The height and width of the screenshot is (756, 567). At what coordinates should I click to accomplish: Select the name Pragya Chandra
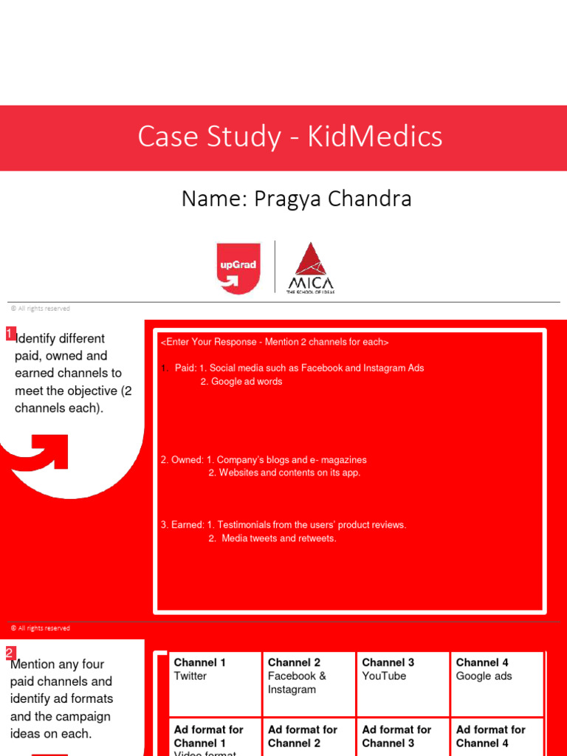[332, 199]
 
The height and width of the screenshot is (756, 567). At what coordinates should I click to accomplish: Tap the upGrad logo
[238, 268]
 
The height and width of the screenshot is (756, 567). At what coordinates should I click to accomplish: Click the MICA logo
[310, 267]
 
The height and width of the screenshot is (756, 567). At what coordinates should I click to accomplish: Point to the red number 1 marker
[10, 334]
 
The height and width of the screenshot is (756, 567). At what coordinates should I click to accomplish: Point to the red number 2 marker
[10, 653]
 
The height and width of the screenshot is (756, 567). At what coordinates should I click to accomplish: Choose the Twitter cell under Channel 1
[190, 676]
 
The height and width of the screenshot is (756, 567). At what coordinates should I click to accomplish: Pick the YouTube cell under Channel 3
[384, 676]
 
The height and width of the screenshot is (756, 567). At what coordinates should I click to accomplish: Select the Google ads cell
[484, 676]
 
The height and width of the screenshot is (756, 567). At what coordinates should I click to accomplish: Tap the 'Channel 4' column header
[482, 662]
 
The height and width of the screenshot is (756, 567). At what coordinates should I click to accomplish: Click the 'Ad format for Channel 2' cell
[303, 736]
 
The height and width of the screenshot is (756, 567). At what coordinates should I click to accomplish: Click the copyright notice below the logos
[41, 309]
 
